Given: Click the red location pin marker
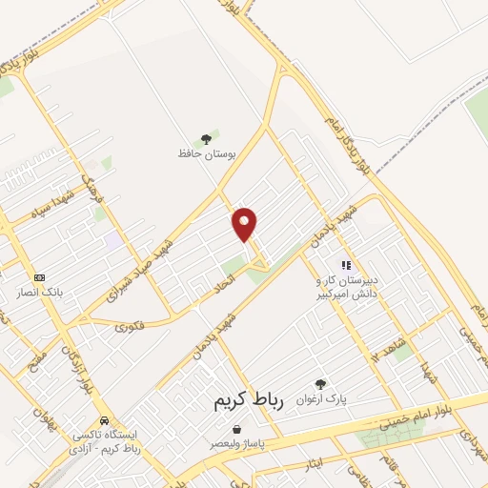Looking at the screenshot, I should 245,223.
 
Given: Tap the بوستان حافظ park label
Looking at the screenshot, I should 206,153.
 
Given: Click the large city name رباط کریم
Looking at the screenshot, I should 249,403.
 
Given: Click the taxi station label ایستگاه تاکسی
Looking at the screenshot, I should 104,441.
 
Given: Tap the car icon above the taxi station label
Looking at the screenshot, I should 104,420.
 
